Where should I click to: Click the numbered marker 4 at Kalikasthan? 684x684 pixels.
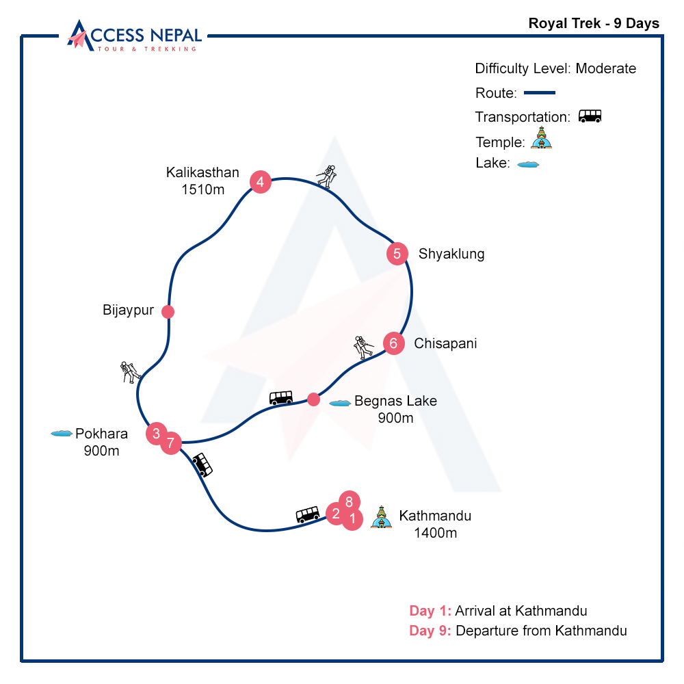click(261, 182)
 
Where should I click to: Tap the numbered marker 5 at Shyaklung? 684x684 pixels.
click(397, 254)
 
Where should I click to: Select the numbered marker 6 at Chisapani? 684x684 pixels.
click(393, 343)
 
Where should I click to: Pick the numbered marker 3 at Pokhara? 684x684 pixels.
click(157, 433)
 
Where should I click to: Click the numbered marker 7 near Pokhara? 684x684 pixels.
click(171, 443)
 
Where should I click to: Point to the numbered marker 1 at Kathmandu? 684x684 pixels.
click(352, 520)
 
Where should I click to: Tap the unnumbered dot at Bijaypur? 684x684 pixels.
click(168, 312)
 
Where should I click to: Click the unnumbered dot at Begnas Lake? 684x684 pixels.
click(313, 399)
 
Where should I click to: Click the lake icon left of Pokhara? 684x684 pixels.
click(62, 434)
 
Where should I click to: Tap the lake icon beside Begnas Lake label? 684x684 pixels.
click(340, 403)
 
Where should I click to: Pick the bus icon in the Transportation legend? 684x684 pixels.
click(590, 116)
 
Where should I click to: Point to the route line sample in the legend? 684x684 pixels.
click(539, 92)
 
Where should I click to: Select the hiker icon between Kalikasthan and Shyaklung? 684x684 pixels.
click(327, 176)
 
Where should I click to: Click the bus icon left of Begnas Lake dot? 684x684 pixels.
click(281, 397)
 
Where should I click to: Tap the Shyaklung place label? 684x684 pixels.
click(451, 254)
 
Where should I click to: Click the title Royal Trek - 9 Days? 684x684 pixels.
click(594, 23)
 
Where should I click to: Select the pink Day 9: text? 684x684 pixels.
click(430, 631)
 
